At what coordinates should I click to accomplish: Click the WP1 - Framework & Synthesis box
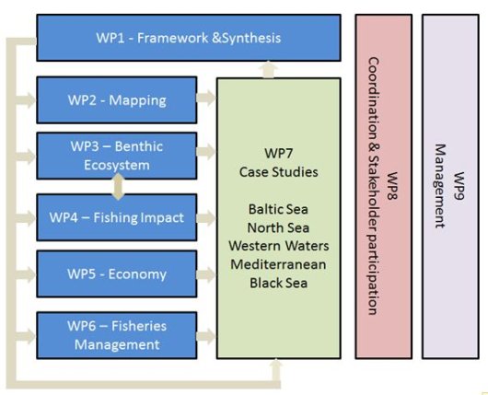(x=188, y=38)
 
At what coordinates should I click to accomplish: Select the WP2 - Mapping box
(x=116, y=97)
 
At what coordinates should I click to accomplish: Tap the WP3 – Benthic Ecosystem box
(x=116, y=157)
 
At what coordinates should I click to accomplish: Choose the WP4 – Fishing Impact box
(x=116, y=218)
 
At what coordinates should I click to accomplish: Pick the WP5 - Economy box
(x=116, y=274)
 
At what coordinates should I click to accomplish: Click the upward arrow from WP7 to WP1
(x=266, y=68)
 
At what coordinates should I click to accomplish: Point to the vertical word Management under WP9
(x=440, y=185)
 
